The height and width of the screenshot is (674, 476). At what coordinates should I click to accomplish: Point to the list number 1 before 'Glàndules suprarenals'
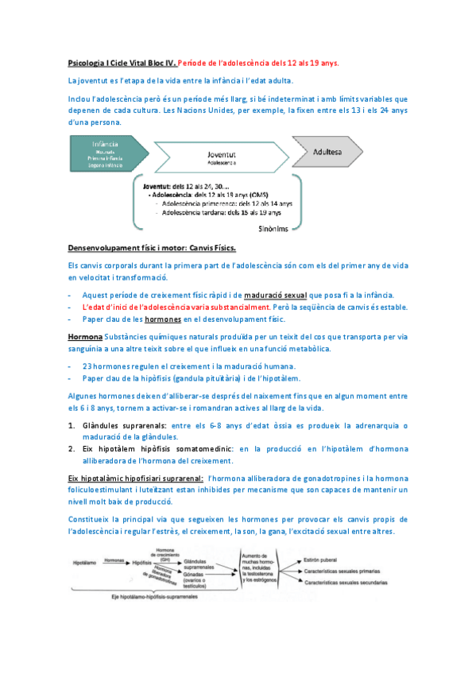(x=72, y=425)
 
